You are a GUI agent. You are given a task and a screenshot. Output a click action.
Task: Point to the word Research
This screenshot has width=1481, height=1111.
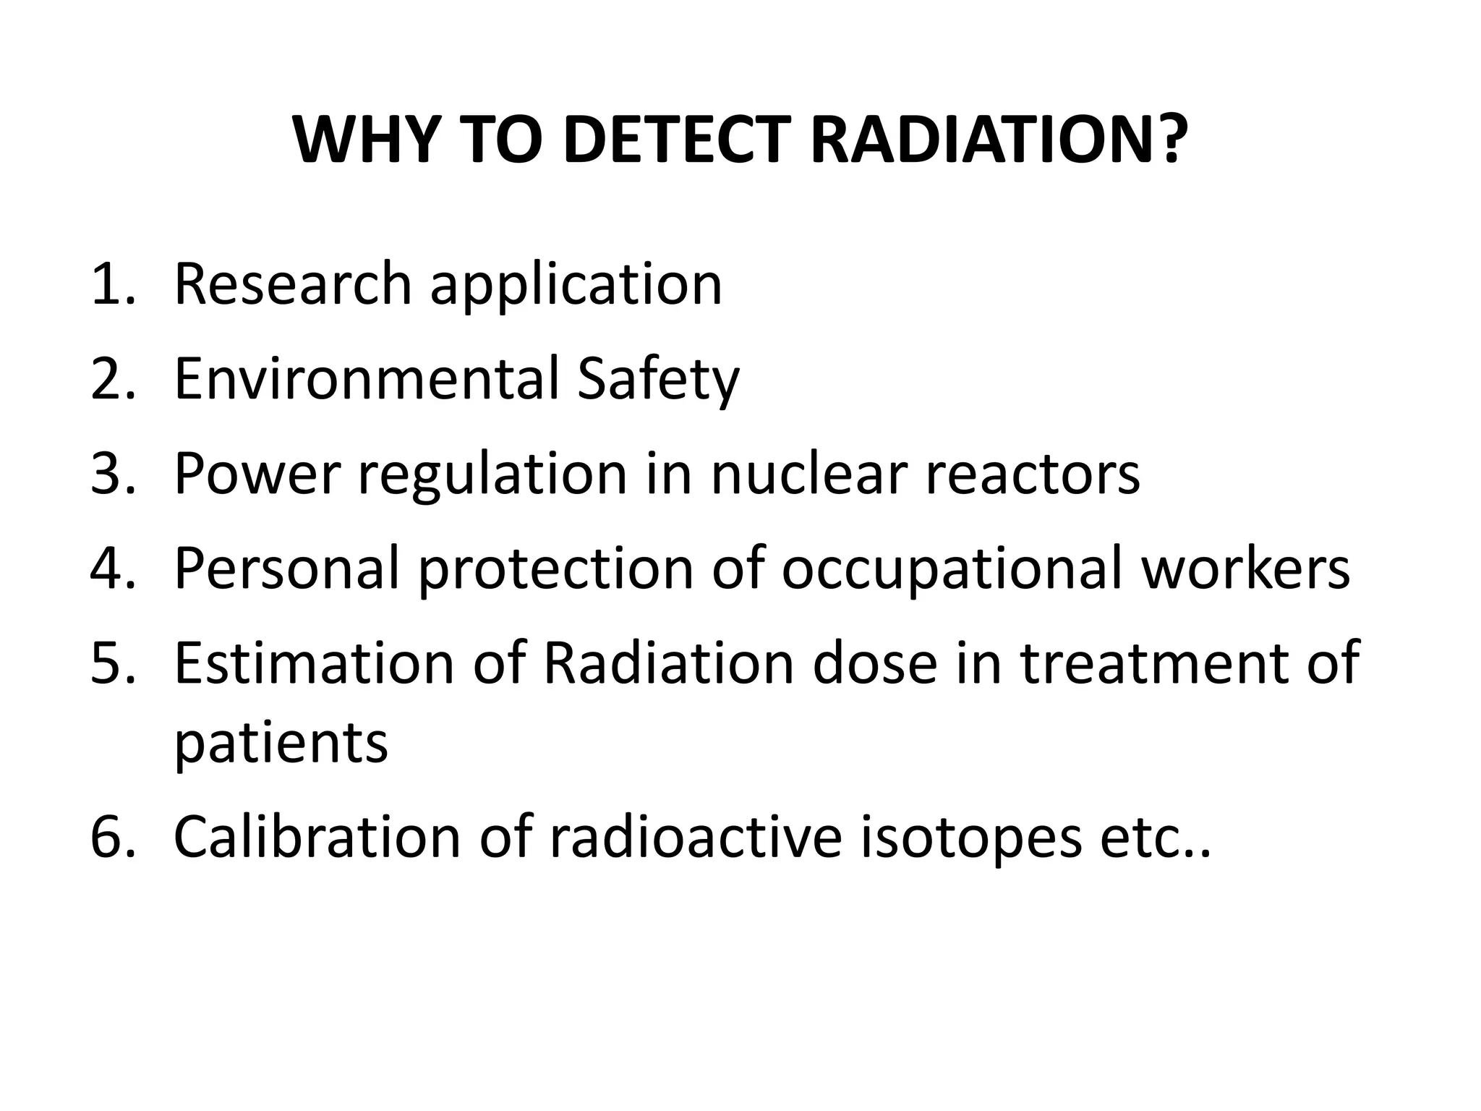[x=293, y=284]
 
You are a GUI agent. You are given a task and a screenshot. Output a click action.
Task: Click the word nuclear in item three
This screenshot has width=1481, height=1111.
[x=808, y=474]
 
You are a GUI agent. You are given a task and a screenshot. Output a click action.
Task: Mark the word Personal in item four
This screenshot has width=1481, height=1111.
[x=287, y=569]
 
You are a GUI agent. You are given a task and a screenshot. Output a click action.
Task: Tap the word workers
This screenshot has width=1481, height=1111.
[x=1245, y=569]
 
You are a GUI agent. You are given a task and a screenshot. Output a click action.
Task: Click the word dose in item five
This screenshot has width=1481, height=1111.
[x=875, y=663]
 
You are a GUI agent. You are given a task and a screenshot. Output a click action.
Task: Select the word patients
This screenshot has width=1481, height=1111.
[x=281, y=745]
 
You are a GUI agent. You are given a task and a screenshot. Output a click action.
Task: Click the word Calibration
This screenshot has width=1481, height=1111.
[x=317, y=837]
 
